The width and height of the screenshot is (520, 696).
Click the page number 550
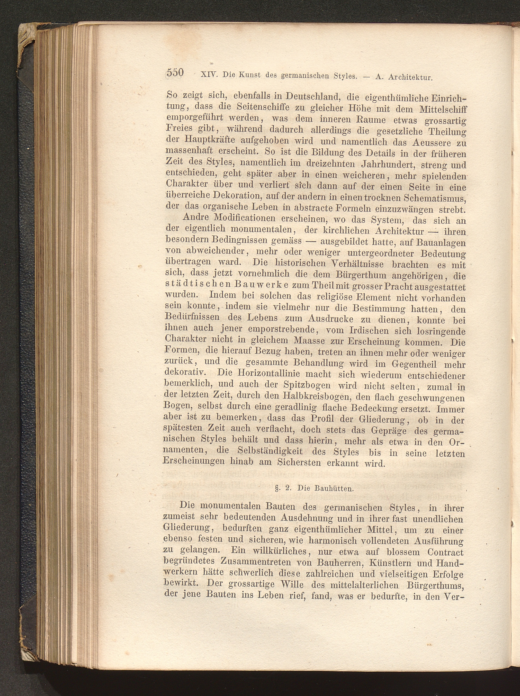pyautogui.click(x=175, y=73)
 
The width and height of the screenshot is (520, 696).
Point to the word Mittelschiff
pyautogui.click(x=443, y=110)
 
